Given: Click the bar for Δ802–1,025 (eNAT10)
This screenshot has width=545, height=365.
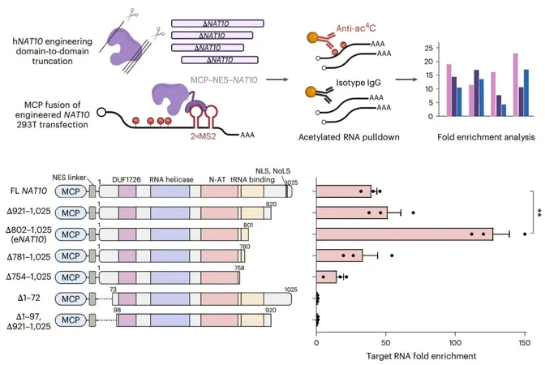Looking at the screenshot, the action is point(405,234).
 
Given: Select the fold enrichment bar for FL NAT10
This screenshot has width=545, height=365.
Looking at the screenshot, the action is point(344,191).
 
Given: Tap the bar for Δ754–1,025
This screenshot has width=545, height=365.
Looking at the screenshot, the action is point(326,277).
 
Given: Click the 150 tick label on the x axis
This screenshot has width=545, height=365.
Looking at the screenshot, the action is point(525,343).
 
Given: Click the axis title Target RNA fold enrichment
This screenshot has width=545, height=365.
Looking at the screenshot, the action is point(421,356).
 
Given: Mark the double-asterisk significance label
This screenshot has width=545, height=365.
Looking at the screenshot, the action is point(539,213).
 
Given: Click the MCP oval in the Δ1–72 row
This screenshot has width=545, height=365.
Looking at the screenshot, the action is point(71,298).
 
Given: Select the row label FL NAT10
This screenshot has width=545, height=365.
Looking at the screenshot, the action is point(28,191).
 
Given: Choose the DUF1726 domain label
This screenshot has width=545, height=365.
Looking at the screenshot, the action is point(127,179).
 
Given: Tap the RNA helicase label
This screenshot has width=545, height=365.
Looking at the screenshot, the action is point(171,179).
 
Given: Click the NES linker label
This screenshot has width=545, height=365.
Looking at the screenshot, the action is point(69,178).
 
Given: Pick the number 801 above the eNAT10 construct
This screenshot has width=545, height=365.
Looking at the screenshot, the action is point(248,225).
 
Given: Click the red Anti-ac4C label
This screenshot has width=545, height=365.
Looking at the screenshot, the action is point(356,28).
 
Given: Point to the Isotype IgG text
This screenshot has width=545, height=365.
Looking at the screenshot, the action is point(358,83).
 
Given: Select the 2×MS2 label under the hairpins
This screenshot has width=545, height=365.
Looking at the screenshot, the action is point(203,136).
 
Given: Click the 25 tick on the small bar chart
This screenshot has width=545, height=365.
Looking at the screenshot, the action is point(429,48).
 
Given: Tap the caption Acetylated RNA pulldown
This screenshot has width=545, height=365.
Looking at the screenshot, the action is point(349,137).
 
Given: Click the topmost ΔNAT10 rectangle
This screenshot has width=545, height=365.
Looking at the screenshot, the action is point(217,24).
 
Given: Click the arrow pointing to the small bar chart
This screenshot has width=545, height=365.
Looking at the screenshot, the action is point(406,79).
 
